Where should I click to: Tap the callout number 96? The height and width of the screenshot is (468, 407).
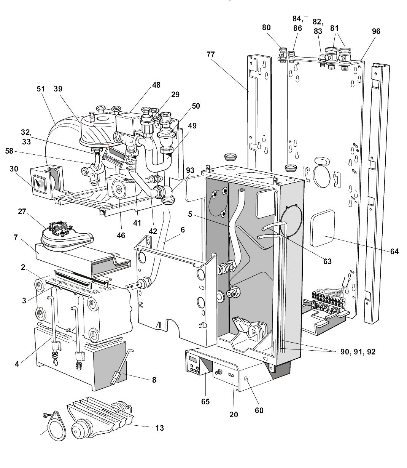(x=376, y=31)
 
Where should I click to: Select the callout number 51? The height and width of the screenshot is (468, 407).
(x=41, y=89)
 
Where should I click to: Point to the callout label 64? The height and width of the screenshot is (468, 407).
(x=394, y=251)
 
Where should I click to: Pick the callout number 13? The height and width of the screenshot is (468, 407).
(x=159, y=428)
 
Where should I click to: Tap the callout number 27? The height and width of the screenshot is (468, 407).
(x=22, y=211)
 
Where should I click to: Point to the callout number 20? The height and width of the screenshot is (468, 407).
(x=233, y=414)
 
